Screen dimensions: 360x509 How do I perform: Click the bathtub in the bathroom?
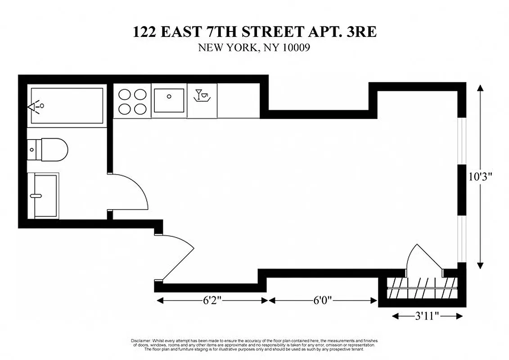pos(67,106)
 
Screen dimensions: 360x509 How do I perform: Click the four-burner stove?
pos(132,101)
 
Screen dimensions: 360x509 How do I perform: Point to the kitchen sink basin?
pos(169,100)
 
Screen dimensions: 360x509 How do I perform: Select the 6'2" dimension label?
pos(211,301)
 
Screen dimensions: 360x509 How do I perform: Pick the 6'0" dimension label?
pos(322,301)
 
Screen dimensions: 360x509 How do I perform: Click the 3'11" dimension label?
pos(427,316)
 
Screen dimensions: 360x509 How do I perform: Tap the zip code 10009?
pos(295,47)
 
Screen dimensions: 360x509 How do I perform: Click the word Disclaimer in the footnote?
pos(140,341)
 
